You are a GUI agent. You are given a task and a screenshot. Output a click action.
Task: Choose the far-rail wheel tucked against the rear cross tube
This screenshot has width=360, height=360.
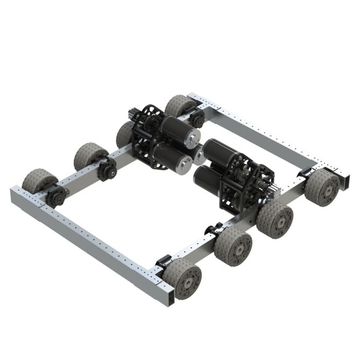pyautogui.click(x=178, y=105)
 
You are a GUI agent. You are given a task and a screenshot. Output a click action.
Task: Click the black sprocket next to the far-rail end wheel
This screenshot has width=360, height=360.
pyautogui.click(x=56, y=196)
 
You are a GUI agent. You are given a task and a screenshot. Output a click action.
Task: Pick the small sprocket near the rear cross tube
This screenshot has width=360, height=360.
pyautogui.click(x=197, y=119)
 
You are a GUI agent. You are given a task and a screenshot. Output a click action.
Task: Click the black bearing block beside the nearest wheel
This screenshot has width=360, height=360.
pyautogui.click(x=164, y=260)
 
